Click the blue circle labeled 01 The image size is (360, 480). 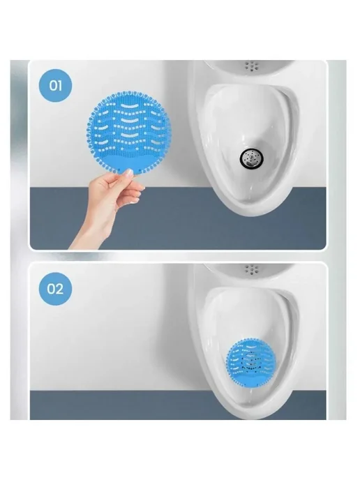(55, 86)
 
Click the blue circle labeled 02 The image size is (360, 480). (55, 289)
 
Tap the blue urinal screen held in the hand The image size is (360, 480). (129, 132)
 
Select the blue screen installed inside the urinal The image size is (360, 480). (251, 361)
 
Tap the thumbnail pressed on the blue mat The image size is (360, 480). (129, 172)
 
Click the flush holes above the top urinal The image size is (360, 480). (253, 65)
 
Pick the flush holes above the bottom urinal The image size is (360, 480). (253, 269)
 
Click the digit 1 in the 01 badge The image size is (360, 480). (60, 86)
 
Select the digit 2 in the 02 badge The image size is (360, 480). (60, 290)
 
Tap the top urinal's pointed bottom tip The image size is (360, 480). (251, 215)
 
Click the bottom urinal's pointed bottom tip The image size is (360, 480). (251, 418)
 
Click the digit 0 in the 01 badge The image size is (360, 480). (52, 86)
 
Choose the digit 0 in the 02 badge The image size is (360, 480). (51, 290)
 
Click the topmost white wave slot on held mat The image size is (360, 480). (128, 106)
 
